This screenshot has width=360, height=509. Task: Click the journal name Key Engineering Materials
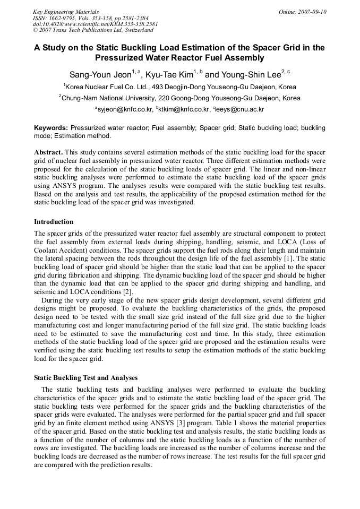[x=66, y=12]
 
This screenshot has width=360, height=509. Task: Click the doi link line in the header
[x=95, y=24]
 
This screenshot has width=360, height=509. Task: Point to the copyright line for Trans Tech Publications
[x=93, y=30]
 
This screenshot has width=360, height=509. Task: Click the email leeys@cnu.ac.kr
[x=239, y=109]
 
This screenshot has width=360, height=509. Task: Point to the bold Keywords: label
[x=51, y=128]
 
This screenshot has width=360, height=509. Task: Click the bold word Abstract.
[x=48, y=152]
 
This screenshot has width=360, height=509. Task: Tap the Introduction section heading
[x=54, y=222]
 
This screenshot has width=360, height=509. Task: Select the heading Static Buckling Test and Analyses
[x=85, y=378]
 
